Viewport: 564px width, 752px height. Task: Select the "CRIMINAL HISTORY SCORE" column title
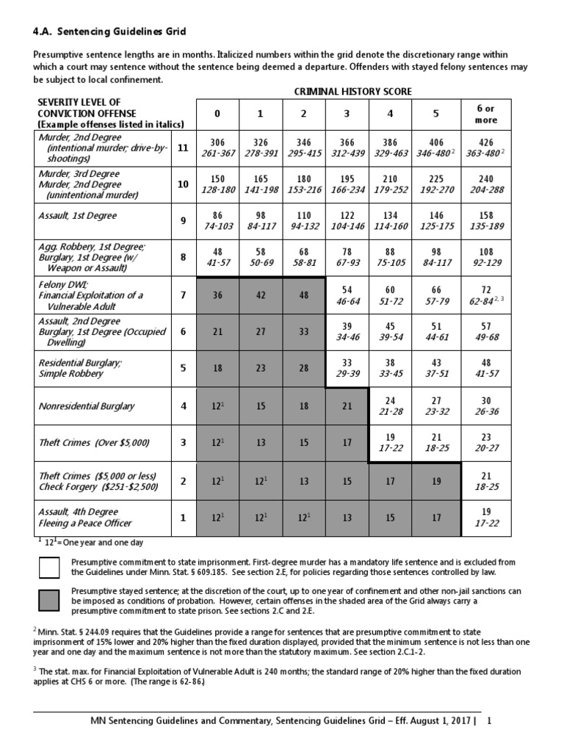tap(352, 91)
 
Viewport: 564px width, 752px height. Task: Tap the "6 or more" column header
tap(486, 115)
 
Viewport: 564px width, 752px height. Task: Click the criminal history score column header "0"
tap(217, 115)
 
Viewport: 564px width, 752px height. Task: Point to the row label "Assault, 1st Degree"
tap(79, 216)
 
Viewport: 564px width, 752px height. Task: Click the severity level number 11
tap(183, 148)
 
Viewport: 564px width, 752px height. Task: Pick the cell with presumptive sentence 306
tap(217, 148)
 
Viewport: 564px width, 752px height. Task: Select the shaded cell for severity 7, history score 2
tap(304, 295)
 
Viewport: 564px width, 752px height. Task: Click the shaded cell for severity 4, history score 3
tap(347, 407)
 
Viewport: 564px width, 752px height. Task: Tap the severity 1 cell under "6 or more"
tap(486, 517)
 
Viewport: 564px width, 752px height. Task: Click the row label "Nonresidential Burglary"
tap(87, 406)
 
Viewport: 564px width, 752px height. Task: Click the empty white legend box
tap(50, 568)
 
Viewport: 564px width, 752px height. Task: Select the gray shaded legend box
tap(50, 600)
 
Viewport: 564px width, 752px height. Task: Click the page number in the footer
tap(489, 721)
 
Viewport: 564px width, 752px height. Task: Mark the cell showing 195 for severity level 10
tap(347, 184)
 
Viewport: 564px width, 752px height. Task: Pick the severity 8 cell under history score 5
tap(435, 258)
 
